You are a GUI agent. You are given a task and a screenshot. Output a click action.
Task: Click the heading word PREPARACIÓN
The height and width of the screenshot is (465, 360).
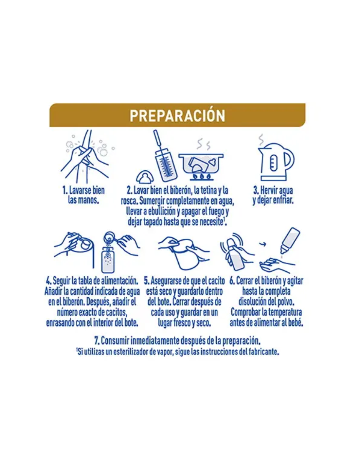click(177, 115)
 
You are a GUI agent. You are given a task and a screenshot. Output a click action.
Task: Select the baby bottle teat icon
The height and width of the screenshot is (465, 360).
click(145, 177)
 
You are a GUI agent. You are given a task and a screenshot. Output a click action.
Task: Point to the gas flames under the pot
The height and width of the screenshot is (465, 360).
click(202, 176)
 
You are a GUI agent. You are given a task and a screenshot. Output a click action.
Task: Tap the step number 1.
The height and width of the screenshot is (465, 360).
click(65, 190)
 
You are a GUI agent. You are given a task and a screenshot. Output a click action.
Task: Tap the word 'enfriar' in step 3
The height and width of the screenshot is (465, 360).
click(282, 200)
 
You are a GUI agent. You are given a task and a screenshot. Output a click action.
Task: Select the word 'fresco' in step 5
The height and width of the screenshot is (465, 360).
click(182, 323)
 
